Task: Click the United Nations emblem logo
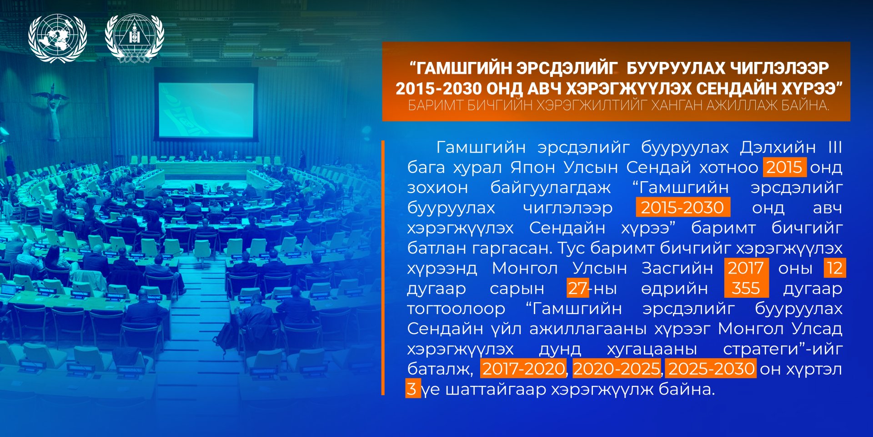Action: click(57, 38)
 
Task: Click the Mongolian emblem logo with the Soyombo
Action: click(135, 38)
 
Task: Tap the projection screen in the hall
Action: click(206, 109)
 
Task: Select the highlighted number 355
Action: click(746, 288)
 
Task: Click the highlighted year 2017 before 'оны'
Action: click(746, 268)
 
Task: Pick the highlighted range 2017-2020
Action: click(523, 368)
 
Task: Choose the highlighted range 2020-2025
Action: click(617, 368)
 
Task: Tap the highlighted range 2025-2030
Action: click(712, 368)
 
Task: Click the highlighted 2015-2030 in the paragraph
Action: click(683, 207)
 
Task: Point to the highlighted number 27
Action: click(578, 288)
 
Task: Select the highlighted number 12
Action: click(835, 268)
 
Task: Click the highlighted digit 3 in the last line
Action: click(412, 389)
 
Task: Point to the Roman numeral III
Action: click(835, 147)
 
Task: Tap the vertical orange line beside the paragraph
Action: click(383, 268)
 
